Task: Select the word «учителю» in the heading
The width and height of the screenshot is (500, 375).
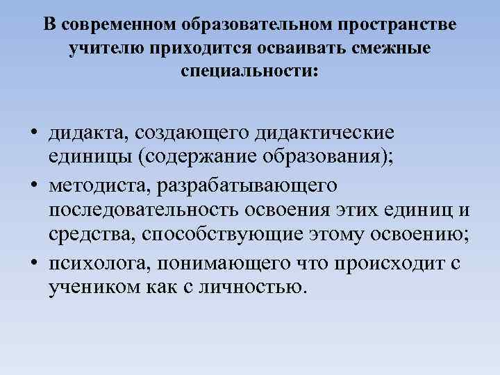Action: (x=100, y=48)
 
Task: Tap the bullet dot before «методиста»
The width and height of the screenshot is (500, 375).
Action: (x=33, y=187)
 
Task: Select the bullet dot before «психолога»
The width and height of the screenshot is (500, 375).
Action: (x=33, y=265)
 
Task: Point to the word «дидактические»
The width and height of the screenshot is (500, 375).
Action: (x=335, y=133)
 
